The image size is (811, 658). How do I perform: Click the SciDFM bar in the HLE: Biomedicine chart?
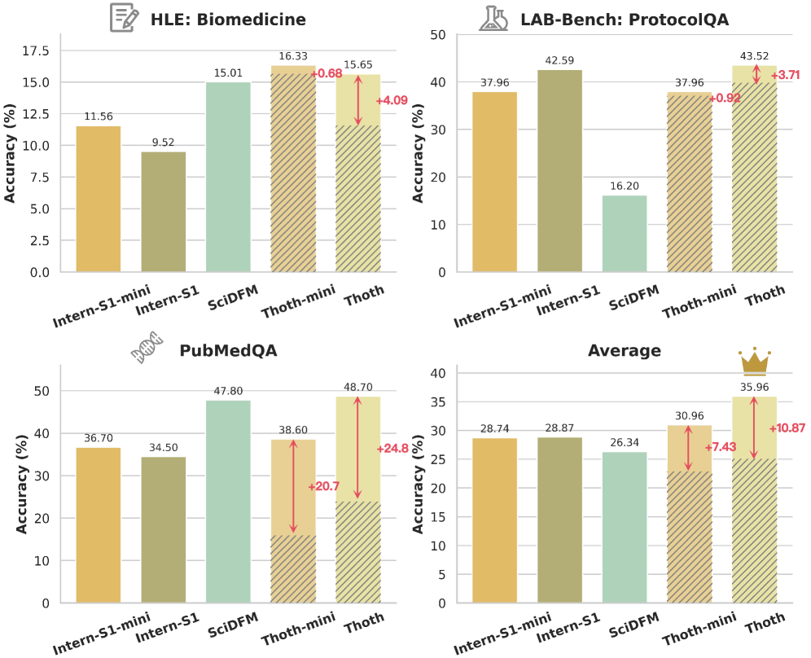(228, 177)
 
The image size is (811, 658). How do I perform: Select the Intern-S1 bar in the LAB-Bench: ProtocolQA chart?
(559, 171)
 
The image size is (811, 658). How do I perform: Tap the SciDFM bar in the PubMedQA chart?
(228, 502)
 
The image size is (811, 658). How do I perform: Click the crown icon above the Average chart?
(754, 361)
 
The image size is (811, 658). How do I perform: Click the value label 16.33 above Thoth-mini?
(293, 57)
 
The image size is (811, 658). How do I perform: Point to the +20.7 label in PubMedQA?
(323, 486)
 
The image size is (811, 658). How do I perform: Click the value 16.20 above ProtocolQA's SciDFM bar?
(625, 186)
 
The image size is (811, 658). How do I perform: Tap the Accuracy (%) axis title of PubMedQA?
(21, 485)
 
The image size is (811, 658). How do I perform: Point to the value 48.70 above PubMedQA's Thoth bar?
(358, 387)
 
